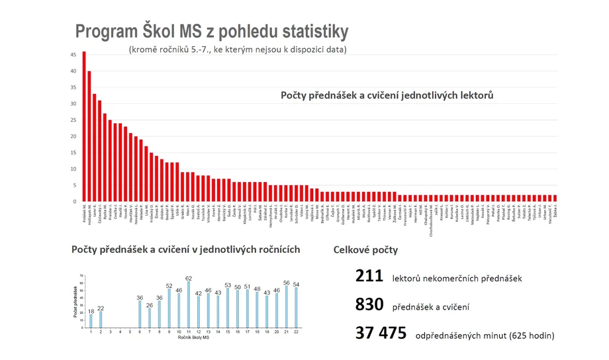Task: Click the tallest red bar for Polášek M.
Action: (x=84, y=126)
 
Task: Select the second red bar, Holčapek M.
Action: (x=89, y=136)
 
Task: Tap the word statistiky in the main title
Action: (x=307, y=32)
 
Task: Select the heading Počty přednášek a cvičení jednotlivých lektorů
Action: (x=387, y=96)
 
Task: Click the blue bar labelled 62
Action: (x=189, y=306)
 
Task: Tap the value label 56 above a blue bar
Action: (x=287, y=283)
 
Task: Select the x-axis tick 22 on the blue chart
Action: (x=296, y=332)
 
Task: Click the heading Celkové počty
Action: (x=365, y=250)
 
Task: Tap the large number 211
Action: (x=369, y=277)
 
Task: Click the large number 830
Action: (x=369, y=305)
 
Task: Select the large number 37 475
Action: (x=381, y=334)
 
